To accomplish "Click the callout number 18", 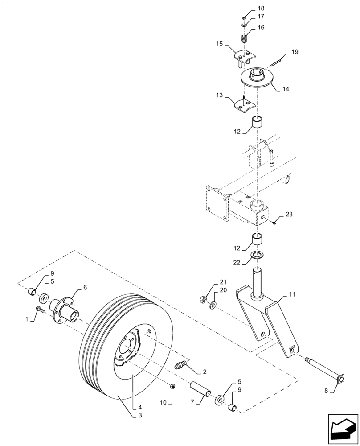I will point(261,8).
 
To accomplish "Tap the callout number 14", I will point(286,89).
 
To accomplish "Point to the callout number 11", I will point(292,295).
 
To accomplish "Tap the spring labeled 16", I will point(244,39).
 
